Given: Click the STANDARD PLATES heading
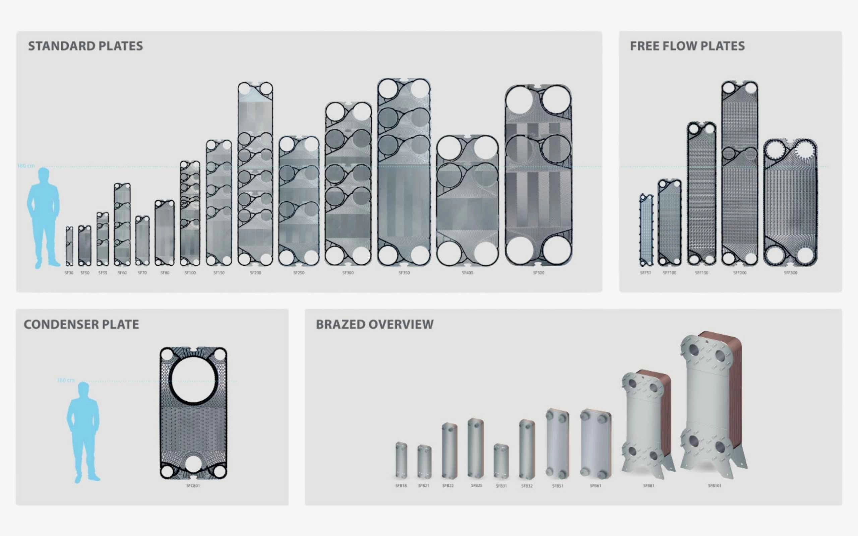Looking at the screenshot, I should coord(85,46).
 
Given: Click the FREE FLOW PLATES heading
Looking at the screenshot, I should coord(687,46).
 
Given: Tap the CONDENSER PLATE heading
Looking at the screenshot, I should coord(81,324).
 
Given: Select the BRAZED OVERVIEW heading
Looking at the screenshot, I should coord(374,324).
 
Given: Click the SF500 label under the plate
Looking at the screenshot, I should coord(538,273).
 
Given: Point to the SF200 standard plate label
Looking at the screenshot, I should coord(255,273).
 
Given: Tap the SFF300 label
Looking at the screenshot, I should coord(790,273).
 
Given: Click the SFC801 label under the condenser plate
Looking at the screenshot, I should coord(193,486).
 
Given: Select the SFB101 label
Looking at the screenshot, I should coord(715,486).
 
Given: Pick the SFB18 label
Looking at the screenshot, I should coord(401,486).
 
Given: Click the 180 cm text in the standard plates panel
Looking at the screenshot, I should coord(26,166).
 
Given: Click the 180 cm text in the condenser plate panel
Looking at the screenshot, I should coord(66,380).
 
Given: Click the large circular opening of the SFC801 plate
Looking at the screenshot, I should coord(193,379).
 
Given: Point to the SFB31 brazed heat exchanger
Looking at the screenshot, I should coord(501,461).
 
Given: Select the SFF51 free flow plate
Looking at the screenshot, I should coord(646,230).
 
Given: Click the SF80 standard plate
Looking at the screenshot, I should coord(165,233).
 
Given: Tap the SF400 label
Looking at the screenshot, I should coord(467,273).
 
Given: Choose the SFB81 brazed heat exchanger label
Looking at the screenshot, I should coord(649,486).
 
